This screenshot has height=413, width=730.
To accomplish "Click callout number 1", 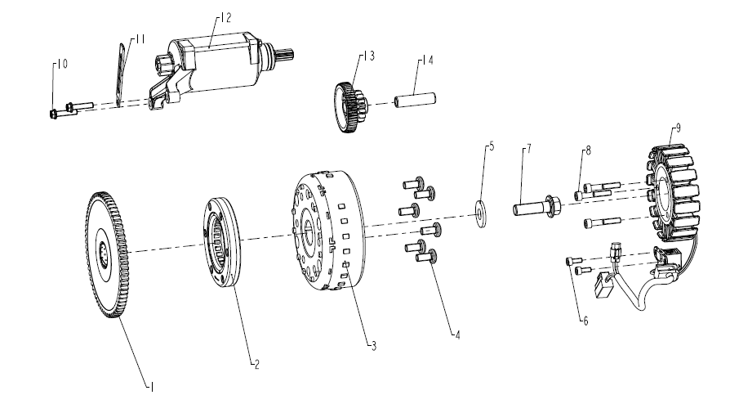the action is click(151, 387).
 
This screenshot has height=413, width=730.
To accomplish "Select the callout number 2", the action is click(256, 364).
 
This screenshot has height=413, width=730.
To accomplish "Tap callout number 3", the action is click(373, 346).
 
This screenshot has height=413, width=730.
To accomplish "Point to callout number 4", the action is click(457, 334).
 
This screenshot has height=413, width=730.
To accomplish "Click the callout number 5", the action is click(492, 146).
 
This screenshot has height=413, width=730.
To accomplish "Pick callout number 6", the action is click(585, 321).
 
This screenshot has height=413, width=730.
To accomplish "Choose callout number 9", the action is click(679, 128).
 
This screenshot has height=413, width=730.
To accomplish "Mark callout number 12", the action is click(225, 18).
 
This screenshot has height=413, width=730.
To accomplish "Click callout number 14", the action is click(427, 61).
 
